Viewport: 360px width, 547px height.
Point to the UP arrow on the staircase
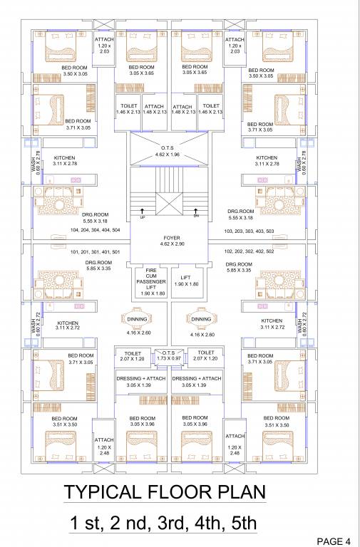143,212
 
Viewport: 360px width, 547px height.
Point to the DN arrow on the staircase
196,212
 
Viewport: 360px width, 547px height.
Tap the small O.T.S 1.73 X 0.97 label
170,355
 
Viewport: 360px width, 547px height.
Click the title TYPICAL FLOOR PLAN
165,492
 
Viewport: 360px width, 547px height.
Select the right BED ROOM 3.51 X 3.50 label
278,421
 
